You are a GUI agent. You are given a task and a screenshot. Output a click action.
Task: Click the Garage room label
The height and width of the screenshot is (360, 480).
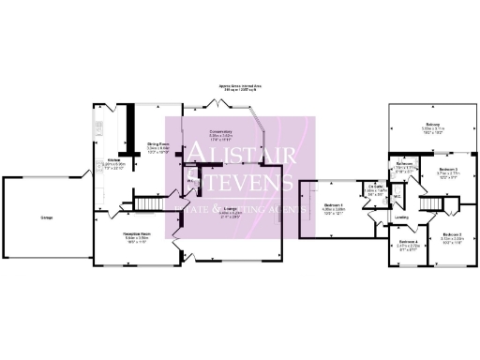click(45, 218)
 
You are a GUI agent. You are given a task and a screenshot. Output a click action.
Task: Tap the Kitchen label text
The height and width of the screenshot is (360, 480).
click(112, 160)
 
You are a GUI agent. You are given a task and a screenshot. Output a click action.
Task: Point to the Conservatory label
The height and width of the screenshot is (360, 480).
click(221, 132)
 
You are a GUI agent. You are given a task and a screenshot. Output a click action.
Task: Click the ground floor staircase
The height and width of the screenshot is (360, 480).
click(145, 202)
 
